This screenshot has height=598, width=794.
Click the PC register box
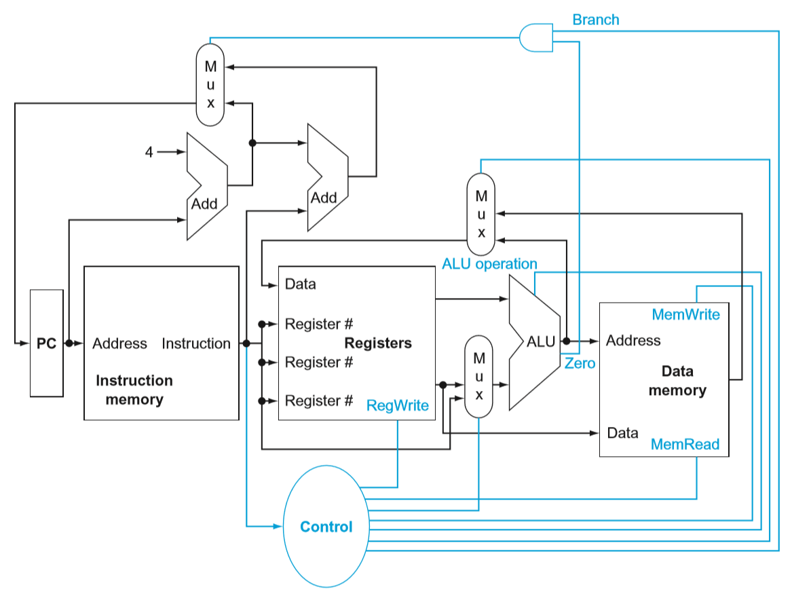point(47,343)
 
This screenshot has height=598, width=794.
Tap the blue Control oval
point(326,527)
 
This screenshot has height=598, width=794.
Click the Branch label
point(595,20)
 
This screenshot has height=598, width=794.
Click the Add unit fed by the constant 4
point(206,185)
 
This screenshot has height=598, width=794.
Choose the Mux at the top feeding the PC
point(210,84)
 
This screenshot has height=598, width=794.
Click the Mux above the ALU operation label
point(481,214)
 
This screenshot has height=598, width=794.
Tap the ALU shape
point(535,341)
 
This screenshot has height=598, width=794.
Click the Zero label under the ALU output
point(580,363)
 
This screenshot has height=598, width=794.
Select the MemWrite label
point(685,314)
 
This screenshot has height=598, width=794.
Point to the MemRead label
point(685,445)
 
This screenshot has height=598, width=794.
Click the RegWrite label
point(398,405)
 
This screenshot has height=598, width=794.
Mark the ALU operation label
point(489,263)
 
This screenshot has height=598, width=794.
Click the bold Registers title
point(378,343)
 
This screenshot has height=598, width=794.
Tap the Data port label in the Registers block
point(301,284)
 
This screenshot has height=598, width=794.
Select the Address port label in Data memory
point(633,340)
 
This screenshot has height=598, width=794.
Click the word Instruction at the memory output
point(196,343)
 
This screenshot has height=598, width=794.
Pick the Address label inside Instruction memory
point(119,343)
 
